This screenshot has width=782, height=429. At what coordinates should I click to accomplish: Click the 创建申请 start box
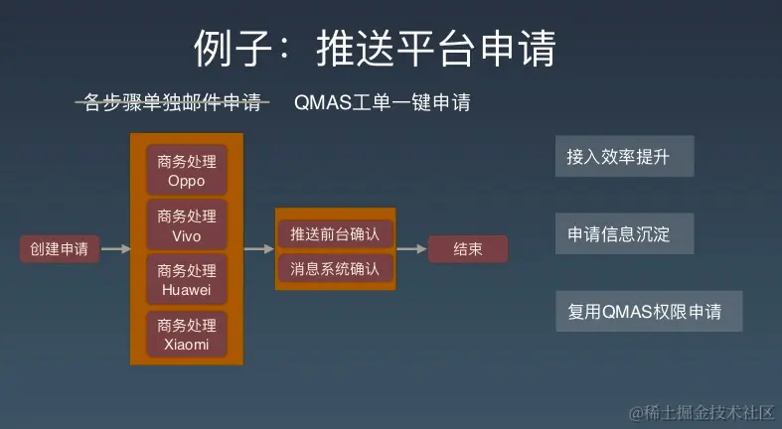tap(60, 249)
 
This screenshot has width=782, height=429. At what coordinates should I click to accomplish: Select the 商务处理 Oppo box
tap(187, 170)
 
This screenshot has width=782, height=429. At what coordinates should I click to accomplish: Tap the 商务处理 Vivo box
tap(187, 224)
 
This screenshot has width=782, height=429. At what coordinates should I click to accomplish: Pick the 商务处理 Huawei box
tap(187, 279)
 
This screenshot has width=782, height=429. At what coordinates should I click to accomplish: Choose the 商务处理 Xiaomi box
tap(187, 334)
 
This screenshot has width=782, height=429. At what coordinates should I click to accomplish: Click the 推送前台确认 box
tap(335, 233)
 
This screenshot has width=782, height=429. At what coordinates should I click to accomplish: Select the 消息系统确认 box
tap(335, 269)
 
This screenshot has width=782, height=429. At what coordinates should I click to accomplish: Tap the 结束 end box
tap(468, 249)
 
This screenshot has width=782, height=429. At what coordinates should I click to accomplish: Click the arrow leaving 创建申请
tap(115, 249)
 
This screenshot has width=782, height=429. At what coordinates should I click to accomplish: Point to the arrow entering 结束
tap(411, 249)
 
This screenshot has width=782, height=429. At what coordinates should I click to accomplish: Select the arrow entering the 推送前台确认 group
tap(259, 249)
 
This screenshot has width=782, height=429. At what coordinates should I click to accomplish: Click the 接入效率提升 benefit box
tap(624, 157)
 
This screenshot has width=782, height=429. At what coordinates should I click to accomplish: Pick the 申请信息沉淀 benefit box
tap(624, 233)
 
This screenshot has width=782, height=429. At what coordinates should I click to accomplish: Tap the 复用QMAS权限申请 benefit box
tap(649, 312)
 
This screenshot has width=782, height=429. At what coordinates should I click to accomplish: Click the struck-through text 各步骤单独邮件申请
tap(173, 102)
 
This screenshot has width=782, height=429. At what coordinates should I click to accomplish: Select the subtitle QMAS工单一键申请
tap(382, 102)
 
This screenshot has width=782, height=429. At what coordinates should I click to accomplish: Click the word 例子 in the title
tap(233, 49)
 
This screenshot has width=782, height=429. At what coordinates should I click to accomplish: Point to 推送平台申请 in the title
tap(436, 49)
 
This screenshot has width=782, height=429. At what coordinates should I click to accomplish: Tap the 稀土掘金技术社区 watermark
tap(702, 413)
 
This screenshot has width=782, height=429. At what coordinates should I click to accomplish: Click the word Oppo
tap(187, 181)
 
